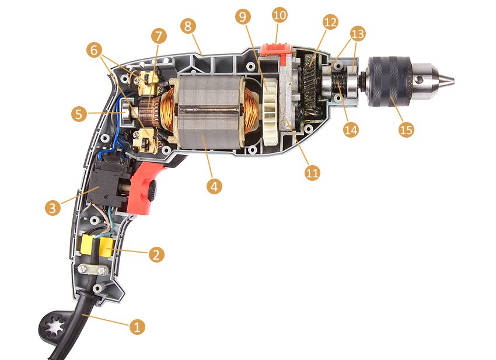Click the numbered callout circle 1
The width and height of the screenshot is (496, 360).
click(x=137, y=327)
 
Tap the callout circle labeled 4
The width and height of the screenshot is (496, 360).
click(x=215, y=186)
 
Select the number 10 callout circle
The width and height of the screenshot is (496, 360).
click(x=280, y=15)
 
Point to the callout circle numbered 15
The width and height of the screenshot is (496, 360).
click(x=406, y=130)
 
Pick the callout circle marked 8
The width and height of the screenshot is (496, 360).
click(x=188, y=26)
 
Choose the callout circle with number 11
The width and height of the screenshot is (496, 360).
click(x=312, y=173)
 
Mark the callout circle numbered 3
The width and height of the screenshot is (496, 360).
click(x=53, y=208)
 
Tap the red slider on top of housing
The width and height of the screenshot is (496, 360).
click(x=276, y=50)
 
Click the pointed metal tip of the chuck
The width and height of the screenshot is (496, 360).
click(x=449, y=81)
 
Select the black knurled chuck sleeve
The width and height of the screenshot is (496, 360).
click(x=389, y=81)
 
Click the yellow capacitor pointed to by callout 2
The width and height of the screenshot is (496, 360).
click(x=107, y=247)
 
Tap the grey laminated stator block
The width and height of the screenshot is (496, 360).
click(x=209, y=112)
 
